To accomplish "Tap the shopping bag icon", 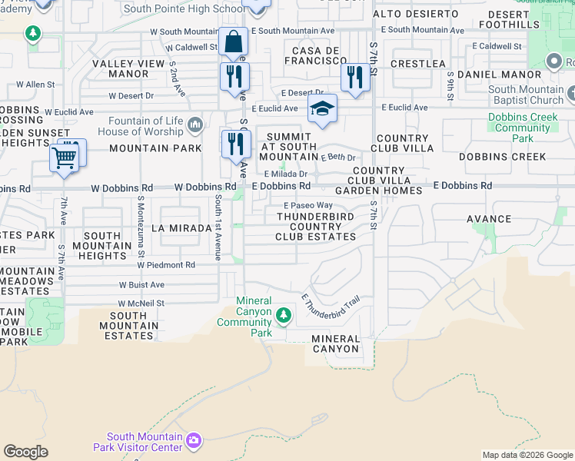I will tap(232, 41).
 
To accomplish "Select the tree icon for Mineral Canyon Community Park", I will tap(284, 314).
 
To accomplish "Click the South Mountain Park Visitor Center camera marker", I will tap(194, 439).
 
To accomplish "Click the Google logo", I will tap(25, 452).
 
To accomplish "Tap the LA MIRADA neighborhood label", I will tap(181, 228).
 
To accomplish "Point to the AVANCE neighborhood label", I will tap(489, 219).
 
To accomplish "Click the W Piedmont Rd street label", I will tap(167, 265).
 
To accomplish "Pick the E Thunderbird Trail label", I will tap(331, 305).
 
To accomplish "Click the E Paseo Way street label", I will tap(307, 206).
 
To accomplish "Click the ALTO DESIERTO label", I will tap(415, 15).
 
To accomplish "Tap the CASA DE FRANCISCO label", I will tap(314, 55).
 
